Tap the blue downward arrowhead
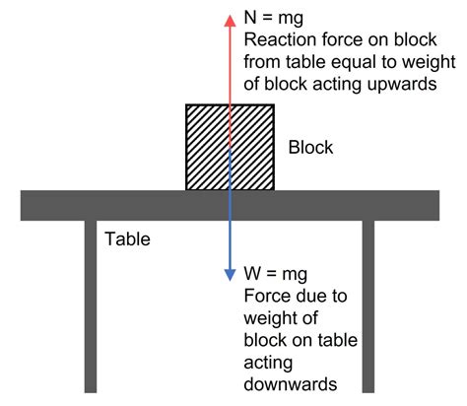tap(230, 275)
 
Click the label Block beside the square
tap(310, 149)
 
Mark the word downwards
tap(287, 383)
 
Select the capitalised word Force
tap(264, 295)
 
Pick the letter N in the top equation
tap(249, 19)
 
